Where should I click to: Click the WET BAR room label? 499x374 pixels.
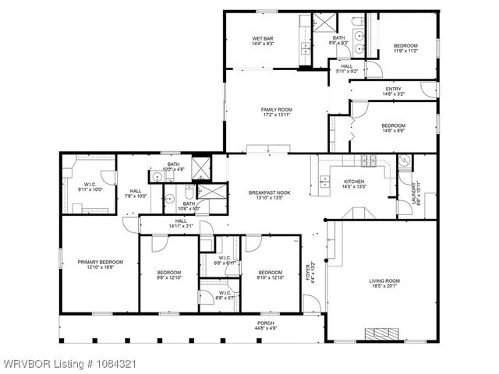pos(261,39)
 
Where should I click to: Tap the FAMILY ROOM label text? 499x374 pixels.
pos(275,110)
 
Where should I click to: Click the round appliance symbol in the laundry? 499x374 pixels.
pos(405,163)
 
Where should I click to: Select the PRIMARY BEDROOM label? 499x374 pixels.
pos(101,263)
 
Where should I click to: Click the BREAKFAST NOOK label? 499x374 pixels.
pos(269,192)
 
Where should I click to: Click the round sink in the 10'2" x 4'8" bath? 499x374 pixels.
pos(157,178)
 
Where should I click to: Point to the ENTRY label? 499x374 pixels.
pos(393,89)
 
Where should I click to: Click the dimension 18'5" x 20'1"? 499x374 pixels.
pos(384,286)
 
